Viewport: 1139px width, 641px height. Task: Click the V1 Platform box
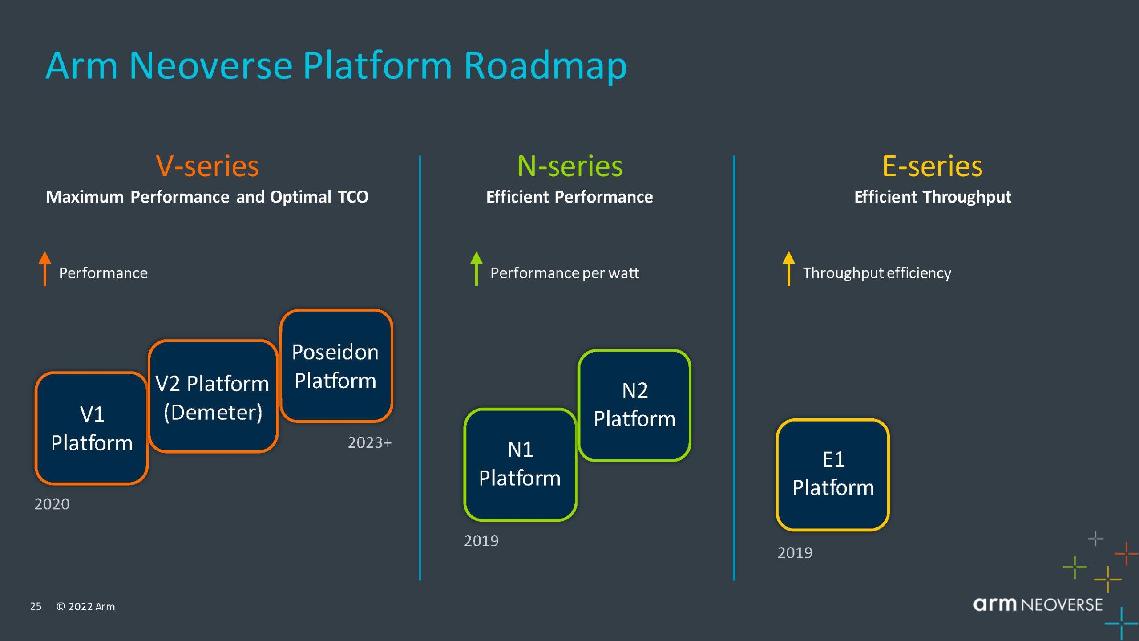coord(92,428)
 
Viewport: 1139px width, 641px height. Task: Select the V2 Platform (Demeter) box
coord(213,397)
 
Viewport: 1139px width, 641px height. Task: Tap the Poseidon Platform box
coord(336,365)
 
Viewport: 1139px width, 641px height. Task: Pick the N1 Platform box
coord(520,464)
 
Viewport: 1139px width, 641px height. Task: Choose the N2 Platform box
coord(634,405)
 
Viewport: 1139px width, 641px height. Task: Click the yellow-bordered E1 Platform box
coord(833,475)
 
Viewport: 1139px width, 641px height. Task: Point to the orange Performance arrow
coord(44,268)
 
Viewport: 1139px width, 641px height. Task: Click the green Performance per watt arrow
coord(476,268)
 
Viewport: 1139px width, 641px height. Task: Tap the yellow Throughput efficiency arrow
coord(788,268)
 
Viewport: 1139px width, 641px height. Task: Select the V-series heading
coord(207,166)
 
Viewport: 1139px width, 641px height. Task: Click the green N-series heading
coord(569,166)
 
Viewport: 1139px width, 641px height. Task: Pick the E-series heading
coord(932,166)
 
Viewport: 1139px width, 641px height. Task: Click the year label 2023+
coord(369,442)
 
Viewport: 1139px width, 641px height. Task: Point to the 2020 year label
coord(52,504)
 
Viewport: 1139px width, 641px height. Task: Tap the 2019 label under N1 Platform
coord(481,540)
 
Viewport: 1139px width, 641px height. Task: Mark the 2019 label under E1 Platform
coord(795,552)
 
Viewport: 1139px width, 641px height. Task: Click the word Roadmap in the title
coord(545,66)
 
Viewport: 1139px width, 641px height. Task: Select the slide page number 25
coord(36,606)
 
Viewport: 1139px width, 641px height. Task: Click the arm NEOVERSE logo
coord(1038,604)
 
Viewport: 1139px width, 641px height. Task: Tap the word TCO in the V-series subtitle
coord(353,197)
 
